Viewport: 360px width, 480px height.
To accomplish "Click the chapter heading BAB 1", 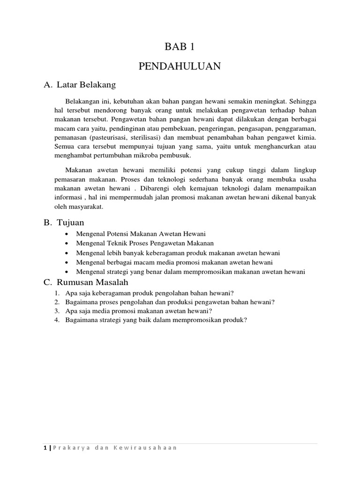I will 180,46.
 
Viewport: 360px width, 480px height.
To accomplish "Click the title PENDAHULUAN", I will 180,67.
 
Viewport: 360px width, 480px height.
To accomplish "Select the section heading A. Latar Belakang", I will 79,85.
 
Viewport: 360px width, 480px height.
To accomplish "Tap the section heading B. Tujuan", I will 64,222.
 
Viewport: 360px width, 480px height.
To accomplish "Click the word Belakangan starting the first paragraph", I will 82,101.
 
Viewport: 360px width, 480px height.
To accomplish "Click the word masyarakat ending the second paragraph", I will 85,207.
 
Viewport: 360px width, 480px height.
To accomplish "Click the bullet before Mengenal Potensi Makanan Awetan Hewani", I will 68,234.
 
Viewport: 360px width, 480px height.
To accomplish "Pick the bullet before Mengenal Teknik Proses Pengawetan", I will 68,243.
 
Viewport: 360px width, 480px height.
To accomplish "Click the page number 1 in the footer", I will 45,448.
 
